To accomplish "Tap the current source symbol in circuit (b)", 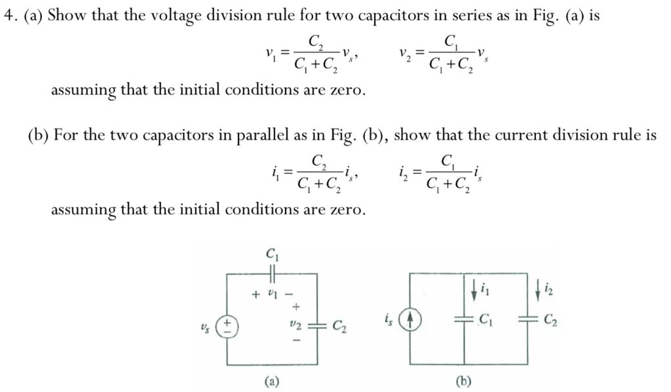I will click(410, 320).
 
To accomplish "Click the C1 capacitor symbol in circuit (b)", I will click(465, 320).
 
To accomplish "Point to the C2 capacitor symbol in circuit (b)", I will click(528, 320).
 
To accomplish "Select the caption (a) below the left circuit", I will click(271, 380).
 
